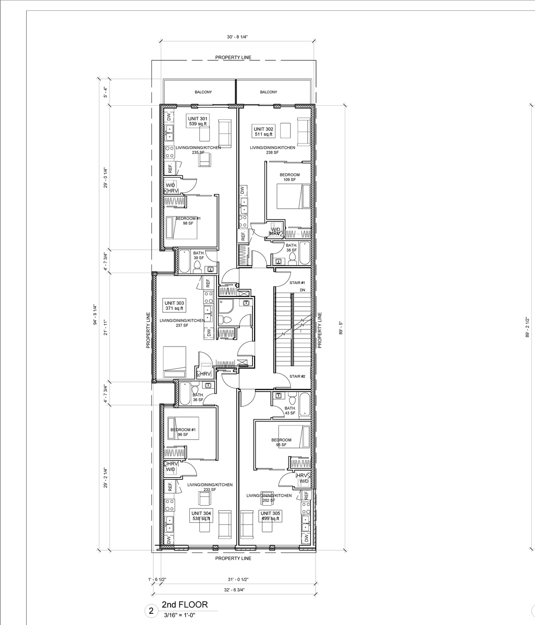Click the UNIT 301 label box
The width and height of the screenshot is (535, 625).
[197, 121]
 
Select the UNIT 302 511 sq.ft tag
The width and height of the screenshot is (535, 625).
[263, 132]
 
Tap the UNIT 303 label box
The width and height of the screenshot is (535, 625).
[174, 306]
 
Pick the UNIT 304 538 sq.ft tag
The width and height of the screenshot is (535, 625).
[201, 516]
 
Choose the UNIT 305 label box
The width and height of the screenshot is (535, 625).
[270, 516]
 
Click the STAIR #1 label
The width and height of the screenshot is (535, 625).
[297, 283]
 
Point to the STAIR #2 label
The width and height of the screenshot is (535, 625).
[297, 377]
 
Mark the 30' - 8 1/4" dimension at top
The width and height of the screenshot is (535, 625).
[237, 37]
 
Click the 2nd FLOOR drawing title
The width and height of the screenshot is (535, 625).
[184, 605]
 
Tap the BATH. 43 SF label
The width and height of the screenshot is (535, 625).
[290, 410]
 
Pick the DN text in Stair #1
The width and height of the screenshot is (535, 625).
[302, 290]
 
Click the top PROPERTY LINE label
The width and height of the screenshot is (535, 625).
[233, 57]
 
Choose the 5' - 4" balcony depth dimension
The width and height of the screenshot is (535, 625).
[106, 92]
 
